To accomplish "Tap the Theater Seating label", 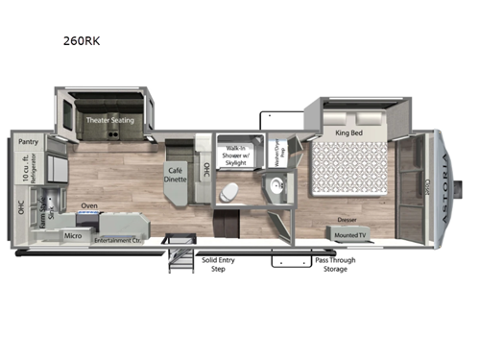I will (x=109, y=121).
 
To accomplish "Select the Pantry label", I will (x=28, y=140).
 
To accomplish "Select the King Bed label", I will (x=348, y=132).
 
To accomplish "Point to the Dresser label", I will (x=348, y=219).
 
